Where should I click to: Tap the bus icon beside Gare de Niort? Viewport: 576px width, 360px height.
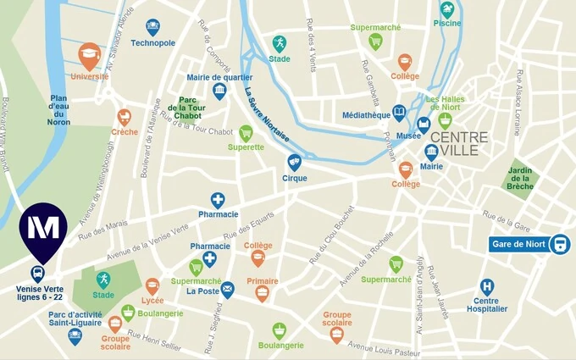tap(559, 245)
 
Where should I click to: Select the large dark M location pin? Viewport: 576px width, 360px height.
tap(43, 230)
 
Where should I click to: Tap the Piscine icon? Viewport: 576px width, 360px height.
tap(446, 9)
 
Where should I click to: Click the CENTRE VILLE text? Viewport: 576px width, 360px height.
tap(458, 144)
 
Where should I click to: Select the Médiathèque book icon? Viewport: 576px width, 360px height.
tap(399, 112)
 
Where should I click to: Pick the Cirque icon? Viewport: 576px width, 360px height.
tap(294, 161)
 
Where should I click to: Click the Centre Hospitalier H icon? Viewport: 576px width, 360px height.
tap(487, 287)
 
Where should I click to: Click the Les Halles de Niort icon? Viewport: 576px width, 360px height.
tap(444, 120)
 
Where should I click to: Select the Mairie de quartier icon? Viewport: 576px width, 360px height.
tap(219, 90)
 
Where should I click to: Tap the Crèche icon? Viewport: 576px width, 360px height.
tap(125, 117)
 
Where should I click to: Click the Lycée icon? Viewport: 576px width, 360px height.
tap(152, 286)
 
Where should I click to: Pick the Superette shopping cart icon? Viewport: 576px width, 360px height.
tap(246, 133)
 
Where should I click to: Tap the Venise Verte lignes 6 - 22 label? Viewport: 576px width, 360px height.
tap(39, 293)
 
